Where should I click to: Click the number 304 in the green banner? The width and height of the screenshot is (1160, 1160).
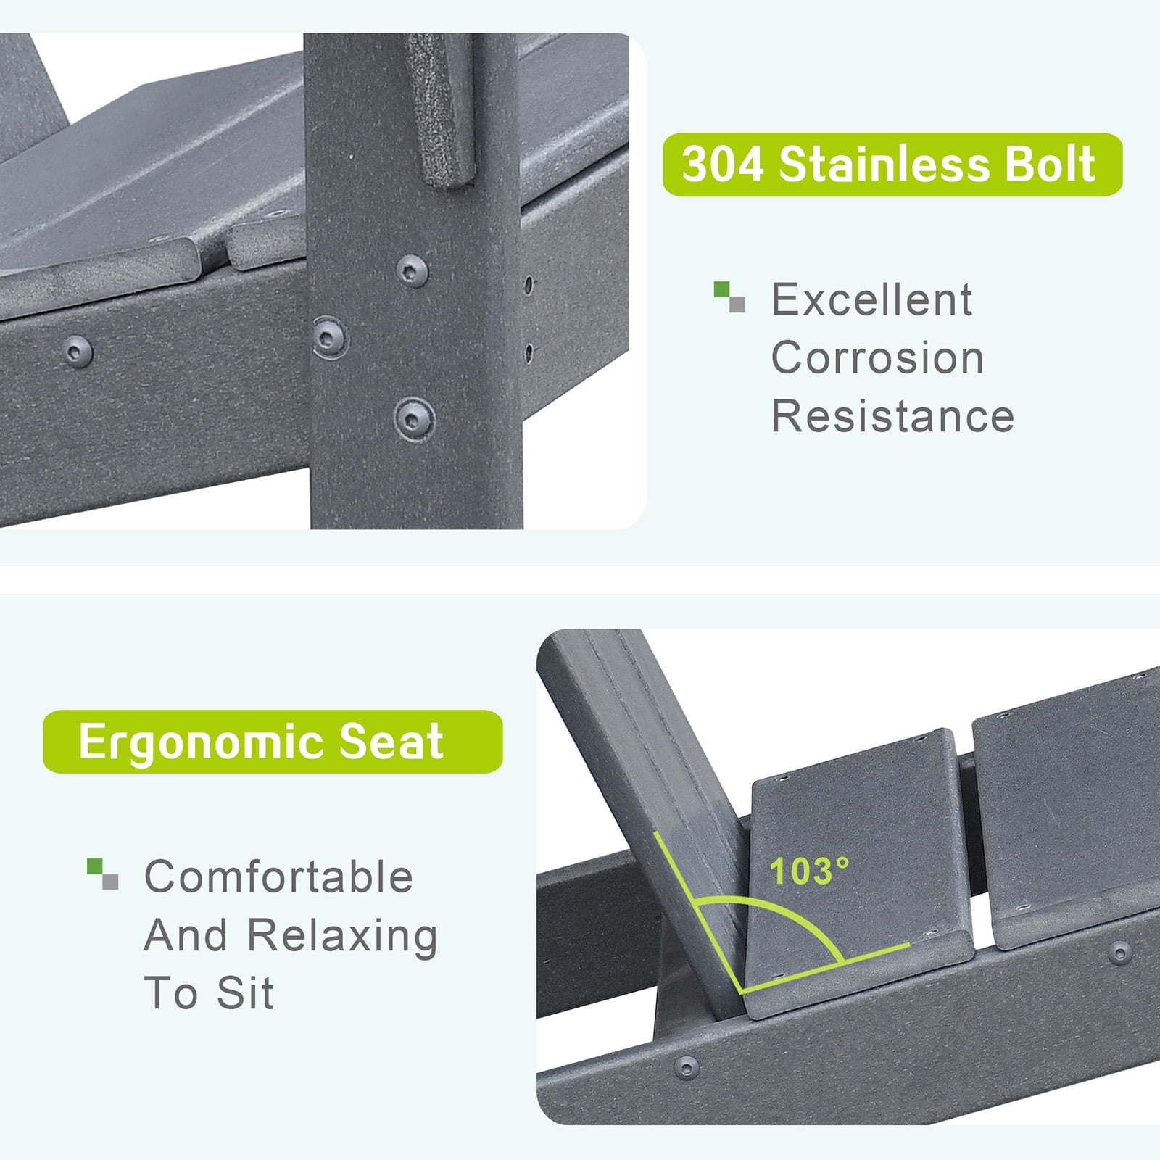pyautogui.click(x=723, y=165)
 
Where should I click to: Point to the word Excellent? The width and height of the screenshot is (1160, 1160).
pyautogui.click(x=871, y=299)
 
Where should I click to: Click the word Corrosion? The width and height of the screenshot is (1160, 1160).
pyautogui.click(x=877, y=357)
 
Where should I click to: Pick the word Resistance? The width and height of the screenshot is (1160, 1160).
pyautogui.click(x=892, y=416)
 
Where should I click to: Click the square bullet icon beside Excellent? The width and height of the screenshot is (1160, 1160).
pyautogui.click(x=729, y=297)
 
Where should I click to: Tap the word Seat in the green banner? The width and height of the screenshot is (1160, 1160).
pyautogui.click(x=391, y=742)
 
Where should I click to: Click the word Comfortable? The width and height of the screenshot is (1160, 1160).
pyautogui.click(x=278, y=877)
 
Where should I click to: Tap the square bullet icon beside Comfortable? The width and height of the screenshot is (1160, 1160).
pyautogui.click(x=102, y=874)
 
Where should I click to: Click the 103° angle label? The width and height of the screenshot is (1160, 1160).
pyautogui.click(x=809, y=871)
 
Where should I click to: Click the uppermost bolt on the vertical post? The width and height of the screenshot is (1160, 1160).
pyautogui.click(x=412, y=270)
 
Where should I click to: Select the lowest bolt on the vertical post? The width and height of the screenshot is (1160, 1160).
pyautogui.click(x=414, y=418)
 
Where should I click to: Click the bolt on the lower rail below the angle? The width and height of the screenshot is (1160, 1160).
pyautogui.click(x=686, y=1066)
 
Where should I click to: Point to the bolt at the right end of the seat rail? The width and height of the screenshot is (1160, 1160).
pyautogui.click(x=1120, y=952)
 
